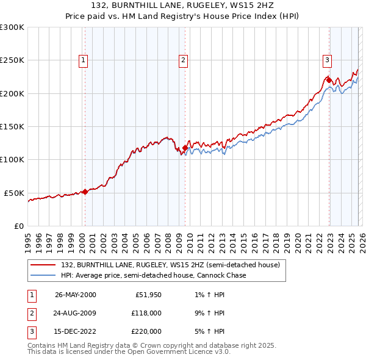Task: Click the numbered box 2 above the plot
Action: [183, 60]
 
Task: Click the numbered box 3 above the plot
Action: [327, 60]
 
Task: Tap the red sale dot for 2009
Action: [185, 148]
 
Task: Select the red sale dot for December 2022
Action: [328, 80]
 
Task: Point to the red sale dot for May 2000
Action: [85, 191]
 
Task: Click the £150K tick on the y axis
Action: [12, 126]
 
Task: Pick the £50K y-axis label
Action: [14, 193]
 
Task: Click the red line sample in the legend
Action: [44, 265]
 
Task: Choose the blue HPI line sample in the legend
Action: [44, 276]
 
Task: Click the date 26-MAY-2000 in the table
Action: [76, 295]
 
